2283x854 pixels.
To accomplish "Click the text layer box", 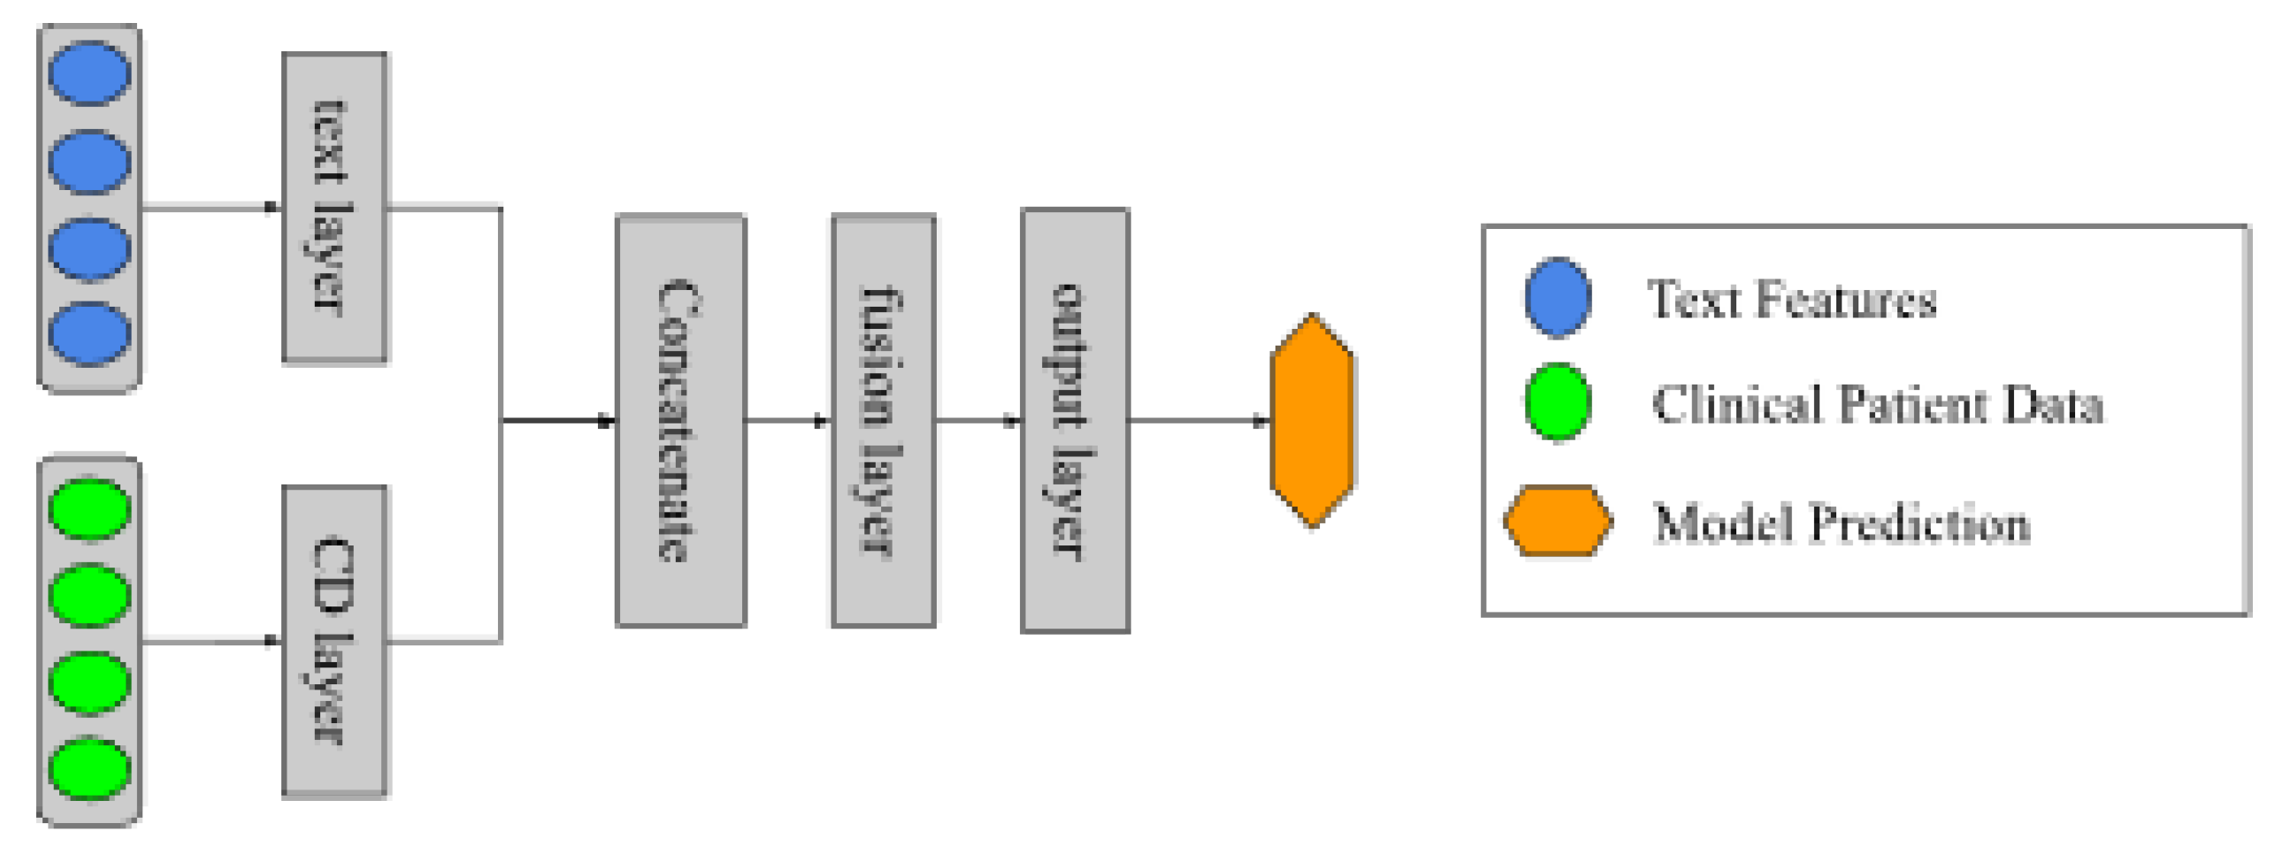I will click(x=334, y=207).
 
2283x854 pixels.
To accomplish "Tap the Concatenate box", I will click(x=680, y=420).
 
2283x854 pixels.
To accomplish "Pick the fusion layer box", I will click(x=884, y=420).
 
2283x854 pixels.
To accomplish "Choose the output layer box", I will click(x=1074, y=420).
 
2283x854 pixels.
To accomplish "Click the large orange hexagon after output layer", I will click(x=1312, y=420).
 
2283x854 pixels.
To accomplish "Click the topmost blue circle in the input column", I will click(x=89, y=73).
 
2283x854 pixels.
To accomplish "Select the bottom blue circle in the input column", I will click(x=89, y=333).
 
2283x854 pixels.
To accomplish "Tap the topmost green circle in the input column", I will click(x=89, y=508).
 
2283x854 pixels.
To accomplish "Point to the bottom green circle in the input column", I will click(x=89, y=768).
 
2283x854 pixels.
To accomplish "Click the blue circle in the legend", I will click(x=1557, y=298).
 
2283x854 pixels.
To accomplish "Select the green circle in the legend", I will click(x=1557, y=401).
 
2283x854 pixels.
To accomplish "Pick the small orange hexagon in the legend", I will click(x=1557, y=521).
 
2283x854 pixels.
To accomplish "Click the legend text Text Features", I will click(x=1791, y=300).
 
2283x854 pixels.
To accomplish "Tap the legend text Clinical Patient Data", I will click(x=1877, y=405).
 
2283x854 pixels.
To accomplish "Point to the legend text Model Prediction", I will click(x=1842, y=522).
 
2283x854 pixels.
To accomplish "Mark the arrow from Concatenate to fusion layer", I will click(x=788, y=421).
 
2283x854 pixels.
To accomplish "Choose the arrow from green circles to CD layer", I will click(x=211, y=640).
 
